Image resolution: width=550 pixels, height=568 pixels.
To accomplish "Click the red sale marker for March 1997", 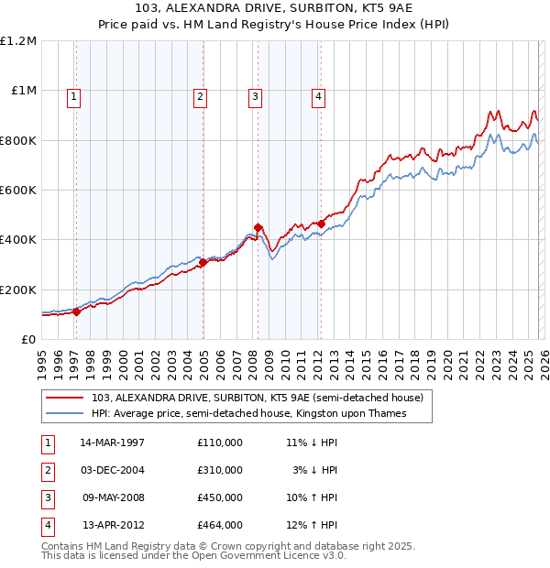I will point(77,311).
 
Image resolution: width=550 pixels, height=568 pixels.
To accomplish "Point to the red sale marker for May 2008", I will point(258,227).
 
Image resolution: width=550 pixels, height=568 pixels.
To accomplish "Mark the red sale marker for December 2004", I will point(203,262).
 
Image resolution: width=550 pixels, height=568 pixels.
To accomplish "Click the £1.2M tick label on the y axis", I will point(18,41).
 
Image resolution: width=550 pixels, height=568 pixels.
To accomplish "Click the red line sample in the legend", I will point(65,399).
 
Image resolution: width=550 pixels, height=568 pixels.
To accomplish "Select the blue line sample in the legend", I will point(65,414).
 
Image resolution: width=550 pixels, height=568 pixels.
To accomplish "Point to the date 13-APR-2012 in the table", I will point(114,525).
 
